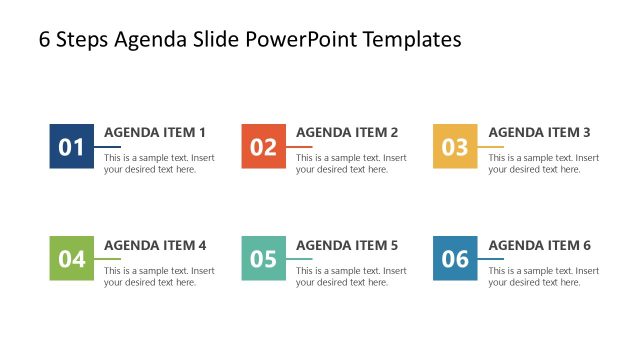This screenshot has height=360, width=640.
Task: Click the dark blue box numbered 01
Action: [71, 147]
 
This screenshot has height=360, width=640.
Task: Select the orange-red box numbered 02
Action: [263, 147]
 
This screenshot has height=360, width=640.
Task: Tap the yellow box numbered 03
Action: [455, 147]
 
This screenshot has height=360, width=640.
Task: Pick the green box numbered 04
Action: [71, 259]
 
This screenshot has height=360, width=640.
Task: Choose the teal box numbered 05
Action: [263, 259]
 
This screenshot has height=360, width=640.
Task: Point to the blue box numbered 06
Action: [455, 259]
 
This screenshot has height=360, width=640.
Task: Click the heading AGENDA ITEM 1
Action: [155, 132]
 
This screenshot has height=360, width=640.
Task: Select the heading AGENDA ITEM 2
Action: [347, 132]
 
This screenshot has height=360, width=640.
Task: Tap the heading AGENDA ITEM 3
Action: [539, 132]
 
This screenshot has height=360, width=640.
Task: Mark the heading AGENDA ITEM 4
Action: [155, 245]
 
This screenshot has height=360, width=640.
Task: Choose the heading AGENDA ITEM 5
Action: [347, 245]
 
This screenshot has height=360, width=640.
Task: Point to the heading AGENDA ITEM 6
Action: [539, 245]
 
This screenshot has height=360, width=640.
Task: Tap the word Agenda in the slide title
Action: [149, 40]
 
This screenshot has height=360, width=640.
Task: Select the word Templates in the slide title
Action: [412, 40]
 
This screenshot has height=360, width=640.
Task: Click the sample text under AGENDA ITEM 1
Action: [159, 163]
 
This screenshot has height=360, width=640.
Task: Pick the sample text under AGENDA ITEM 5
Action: [351, 276]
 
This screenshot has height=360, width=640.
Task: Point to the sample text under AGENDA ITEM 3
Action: [543, 163]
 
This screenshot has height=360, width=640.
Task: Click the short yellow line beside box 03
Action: [491, 147]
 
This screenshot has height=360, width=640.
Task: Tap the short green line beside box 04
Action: [107, 259]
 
